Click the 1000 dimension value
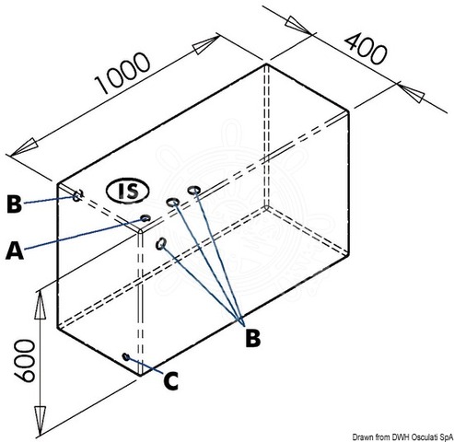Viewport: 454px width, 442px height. coord(122,73)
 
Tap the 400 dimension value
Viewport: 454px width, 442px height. coord(366,49)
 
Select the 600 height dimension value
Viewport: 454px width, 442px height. coord(25,360)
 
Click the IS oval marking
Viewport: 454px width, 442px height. coord(128,191)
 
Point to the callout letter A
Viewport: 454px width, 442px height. coord(15,250)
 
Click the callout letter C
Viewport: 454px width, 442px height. coord(170,381)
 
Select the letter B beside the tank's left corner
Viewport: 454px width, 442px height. coord(14,204)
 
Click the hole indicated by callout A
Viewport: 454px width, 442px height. coord(146,218)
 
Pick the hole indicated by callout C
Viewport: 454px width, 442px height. coord(126,356)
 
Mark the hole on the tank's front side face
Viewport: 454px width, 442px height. coord(161,244)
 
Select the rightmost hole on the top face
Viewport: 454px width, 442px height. coord(193,190)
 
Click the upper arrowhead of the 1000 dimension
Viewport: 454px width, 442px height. coord(206,45)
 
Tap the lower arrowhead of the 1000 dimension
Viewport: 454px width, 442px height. coord(25,147)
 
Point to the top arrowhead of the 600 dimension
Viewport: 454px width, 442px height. coord(40,305)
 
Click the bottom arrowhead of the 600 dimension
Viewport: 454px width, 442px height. coord(40,420)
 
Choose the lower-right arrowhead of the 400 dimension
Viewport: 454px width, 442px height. coord(412,92)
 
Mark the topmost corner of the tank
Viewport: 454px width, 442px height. coord(266,64)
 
